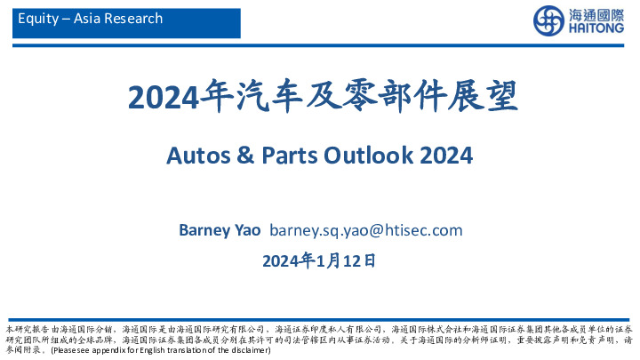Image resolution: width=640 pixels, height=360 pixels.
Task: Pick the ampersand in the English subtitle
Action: click(x=244, y=156)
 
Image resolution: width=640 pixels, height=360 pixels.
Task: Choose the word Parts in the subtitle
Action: click(x=286, y=156)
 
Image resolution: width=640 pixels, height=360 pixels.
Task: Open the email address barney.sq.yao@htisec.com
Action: click(x=365, y=230)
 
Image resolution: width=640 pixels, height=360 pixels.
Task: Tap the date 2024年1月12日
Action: click(x=319, y=260)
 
